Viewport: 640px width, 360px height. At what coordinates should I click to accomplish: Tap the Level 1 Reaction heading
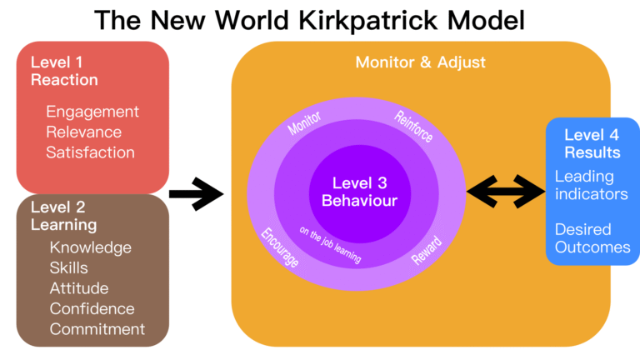(x=64, y=71)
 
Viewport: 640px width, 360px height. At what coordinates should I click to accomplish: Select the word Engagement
(x=92, y=112)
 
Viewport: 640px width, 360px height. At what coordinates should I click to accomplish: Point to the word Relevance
(x=83, y=132)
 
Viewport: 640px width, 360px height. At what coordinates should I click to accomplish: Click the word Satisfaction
(x=90, y=152)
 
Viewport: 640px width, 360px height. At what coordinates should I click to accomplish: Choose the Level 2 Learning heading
(x=63, y=216)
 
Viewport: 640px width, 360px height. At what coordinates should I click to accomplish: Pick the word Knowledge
(x=90, y=247)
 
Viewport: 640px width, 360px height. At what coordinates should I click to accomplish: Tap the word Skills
(x=68, y=268)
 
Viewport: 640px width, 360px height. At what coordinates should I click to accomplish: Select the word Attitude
(x=80, y=288)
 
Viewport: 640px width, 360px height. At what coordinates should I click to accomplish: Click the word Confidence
(x=92, y=308)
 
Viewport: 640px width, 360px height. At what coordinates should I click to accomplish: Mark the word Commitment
(x=97, y=329)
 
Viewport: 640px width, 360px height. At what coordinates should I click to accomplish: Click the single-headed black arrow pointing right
(x=197, y=195)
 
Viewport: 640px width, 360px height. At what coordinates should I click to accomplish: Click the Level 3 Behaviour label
(x=360, y=192)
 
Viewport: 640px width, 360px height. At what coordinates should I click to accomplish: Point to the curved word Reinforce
(x=414, y=125)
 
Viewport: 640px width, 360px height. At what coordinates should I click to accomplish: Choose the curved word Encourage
(x=280, y=247)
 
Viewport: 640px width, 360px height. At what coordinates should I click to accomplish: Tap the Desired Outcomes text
(x=592, y=237)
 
